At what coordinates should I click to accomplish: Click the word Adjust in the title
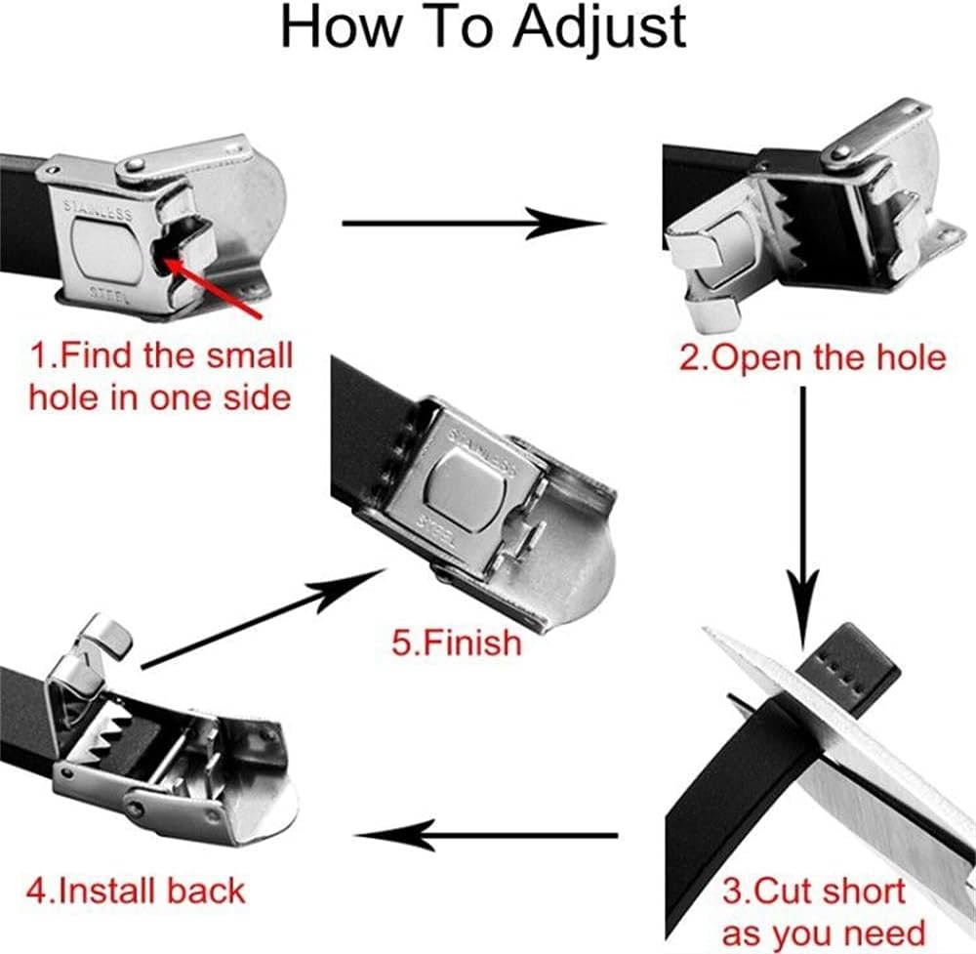pyautogui.click(x=599, y=28)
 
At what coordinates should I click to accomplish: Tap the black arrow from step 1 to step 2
pyautogui.click(x=473, y=223)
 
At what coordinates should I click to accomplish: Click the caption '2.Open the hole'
pyautogui.click(x=813, y=357)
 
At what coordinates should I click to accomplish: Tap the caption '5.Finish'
pyautogui.click(x=456, y=642)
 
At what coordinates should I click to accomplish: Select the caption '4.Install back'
pyautogui.click(x=136, y=891)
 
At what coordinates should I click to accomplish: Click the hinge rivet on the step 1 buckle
pyautogui.click(x=135, y=165)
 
